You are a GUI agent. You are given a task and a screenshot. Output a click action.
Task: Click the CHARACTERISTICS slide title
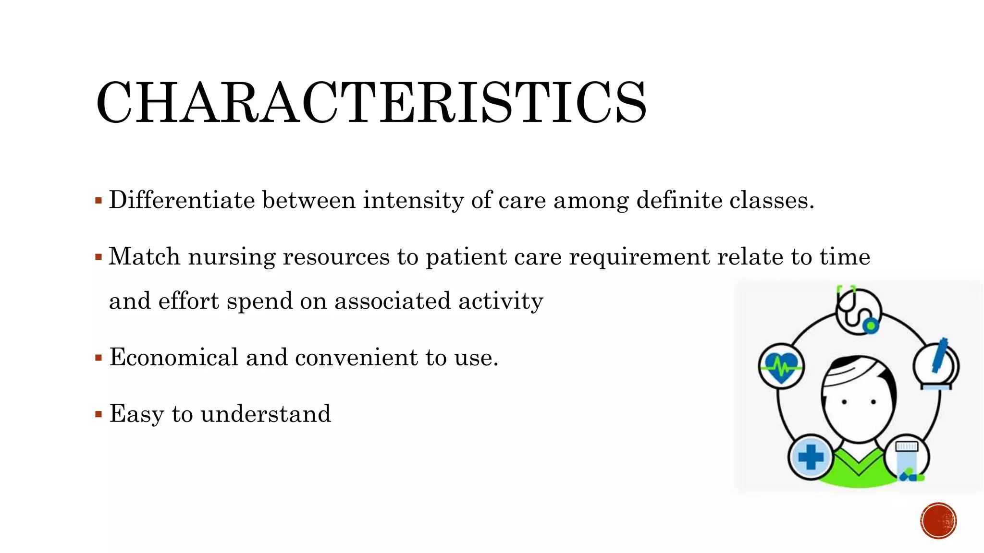click(x=371, y=102)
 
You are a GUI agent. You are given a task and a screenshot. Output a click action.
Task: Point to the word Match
click(x=144, y=256)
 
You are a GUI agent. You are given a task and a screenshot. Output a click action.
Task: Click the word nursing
click(x=232, y=257)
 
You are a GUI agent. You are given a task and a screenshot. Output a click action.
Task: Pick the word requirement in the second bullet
click(x=639, y=257)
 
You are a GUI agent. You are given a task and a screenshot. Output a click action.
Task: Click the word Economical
click(x=174, y=357)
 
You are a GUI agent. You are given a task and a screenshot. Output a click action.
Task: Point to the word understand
click(x=266, y=413)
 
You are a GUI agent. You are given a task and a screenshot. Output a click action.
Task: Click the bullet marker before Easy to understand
click(x=98, y=414)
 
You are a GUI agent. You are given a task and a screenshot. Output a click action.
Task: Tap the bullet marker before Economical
click(x=98, y=358)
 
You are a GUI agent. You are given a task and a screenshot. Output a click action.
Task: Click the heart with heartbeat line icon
click(x=781, y=367)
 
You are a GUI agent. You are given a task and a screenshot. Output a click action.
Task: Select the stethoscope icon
click(x=858, y=312)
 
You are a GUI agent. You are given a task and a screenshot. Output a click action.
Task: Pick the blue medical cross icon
click(x=811, y=457)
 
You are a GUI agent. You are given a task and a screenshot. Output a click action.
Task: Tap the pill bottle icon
click(x=907, y=458)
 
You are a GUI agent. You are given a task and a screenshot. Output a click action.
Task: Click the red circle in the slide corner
click(x=938, y=521)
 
